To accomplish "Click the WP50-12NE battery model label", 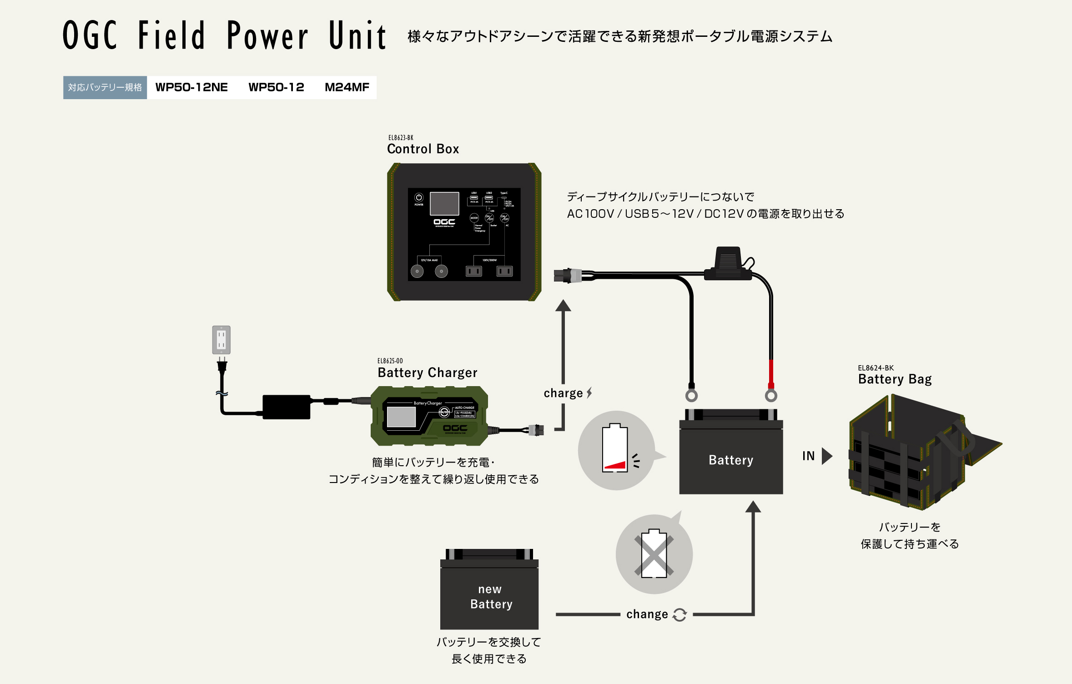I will pyautogui.click(x=191, y=87).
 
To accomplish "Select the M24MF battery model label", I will pyautogui.click(x=347, y=87).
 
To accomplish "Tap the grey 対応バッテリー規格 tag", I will pyautogui.click(x=105, y=87).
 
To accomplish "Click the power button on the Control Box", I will pyautogui.click(x=419, y=198).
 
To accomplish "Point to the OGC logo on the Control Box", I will pyautogui.click(x=444, y=222).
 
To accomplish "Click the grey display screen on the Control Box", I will pyautogui.click(x=444, y=203).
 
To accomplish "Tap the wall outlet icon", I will pyautogui.click(x=221, y=340).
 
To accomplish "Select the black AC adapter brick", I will pyautogui.click(x=287, y=407).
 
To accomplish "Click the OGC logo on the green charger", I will pyautogui.click(x=455, y=428).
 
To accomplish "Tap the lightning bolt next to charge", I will pyautogui.click(x=589, y=392).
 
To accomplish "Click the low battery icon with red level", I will pyautogui.click(x=615, y=448).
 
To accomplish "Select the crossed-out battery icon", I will pyautogui.click(x=654, y=553).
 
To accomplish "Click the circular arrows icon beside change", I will pyautogui.click(x=679, y=614).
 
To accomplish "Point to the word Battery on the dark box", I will pyautogui.click(x=731, y=460).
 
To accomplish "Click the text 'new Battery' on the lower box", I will pyautogui.click(x=491, y=597).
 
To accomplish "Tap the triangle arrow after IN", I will pyautogui.click(x=826, y=456).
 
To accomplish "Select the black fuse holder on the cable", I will pyautogui.click(x=728, y=264).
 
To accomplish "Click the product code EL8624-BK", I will pyautogui.click(x=876, y=368).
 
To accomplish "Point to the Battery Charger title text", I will pyautogui.click(x=427, y=372).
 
